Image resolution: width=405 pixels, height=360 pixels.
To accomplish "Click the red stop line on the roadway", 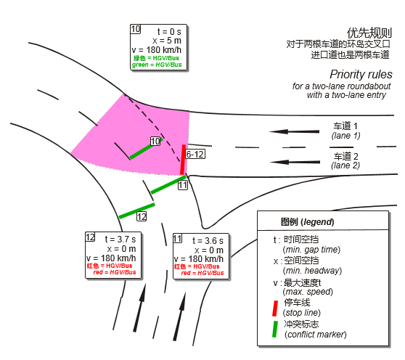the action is [183, 160].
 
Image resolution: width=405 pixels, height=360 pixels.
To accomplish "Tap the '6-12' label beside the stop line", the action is [195, 155].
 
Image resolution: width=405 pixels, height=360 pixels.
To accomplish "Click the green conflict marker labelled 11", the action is [168, 184].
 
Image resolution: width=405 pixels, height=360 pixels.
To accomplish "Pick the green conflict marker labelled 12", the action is [136, 210].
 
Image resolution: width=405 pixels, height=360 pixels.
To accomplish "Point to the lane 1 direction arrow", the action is [294, 131].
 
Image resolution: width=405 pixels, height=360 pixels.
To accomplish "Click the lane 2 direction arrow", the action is [295, 162].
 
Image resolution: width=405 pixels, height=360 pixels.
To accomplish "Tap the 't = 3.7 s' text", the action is [120, 240].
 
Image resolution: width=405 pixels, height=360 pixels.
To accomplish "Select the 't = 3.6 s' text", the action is [208, 241].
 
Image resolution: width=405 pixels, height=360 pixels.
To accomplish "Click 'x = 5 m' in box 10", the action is [167, 41].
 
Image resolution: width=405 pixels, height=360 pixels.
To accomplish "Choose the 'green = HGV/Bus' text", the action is [157, 65].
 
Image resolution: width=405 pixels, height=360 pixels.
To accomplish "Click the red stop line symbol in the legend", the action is [275, 308].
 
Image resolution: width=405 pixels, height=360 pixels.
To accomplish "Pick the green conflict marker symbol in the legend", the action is [275, 330].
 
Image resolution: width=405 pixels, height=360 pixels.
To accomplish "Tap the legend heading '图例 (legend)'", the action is [307, 222].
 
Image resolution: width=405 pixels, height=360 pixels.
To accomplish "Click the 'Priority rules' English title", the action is [361, 74].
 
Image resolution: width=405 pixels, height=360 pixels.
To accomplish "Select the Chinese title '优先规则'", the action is [369, 33].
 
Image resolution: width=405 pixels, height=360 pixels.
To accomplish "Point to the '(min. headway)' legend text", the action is [312, 271].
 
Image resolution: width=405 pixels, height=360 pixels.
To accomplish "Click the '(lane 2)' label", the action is [345, 165].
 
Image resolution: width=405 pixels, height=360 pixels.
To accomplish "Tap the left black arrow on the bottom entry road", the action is [140, 307].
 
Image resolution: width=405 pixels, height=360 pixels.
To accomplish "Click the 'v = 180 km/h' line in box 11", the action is [199, 259].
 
